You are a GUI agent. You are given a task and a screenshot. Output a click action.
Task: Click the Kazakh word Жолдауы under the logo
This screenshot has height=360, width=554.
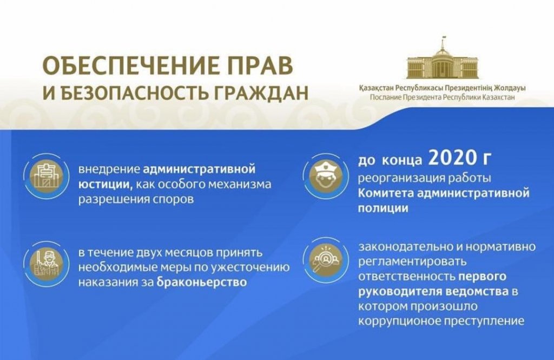point(511,88)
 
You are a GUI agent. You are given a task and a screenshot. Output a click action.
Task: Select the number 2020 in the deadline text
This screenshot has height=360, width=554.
point(452,158)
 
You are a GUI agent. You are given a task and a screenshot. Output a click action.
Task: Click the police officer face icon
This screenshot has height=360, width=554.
point(325,175)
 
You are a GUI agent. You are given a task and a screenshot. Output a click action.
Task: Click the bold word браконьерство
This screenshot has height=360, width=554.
point(201,282)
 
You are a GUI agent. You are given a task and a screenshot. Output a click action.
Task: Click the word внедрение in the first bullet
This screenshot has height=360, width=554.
point(109,169)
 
